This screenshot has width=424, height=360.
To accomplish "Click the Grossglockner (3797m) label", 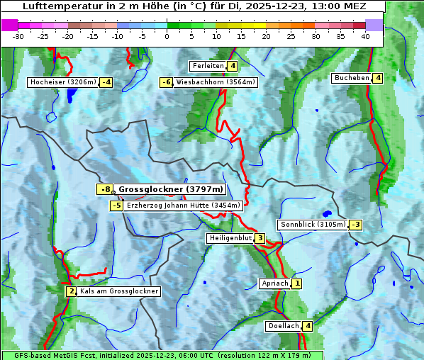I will (171, 189).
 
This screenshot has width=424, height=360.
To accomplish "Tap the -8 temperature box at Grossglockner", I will (105, 189).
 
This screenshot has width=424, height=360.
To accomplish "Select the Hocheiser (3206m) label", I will (62, 82).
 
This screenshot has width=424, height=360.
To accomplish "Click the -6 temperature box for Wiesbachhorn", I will (167, 82).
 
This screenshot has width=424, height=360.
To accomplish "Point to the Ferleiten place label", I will (208, 66).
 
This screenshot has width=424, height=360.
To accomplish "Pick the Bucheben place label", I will (352, 78).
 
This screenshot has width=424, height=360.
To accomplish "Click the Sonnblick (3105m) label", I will (313, 225).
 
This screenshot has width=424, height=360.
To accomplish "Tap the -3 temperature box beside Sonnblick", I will (356, 225).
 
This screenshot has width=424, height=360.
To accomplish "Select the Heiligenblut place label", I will (230, 238).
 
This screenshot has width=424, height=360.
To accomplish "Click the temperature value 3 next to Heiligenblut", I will (260, 238).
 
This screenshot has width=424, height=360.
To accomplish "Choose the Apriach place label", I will (274, 283).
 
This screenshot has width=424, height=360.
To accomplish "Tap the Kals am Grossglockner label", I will (118, 291).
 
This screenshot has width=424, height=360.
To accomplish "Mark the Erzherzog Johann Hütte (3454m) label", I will (184, 206).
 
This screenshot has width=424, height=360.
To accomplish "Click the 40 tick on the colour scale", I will (364, 36).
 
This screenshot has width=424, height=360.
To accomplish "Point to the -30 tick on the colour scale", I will (18, 36).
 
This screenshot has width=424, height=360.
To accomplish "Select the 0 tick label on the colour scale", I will (167, 36).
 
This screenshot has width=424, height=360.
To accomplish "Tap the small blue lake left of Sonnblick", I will (326, 213).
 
